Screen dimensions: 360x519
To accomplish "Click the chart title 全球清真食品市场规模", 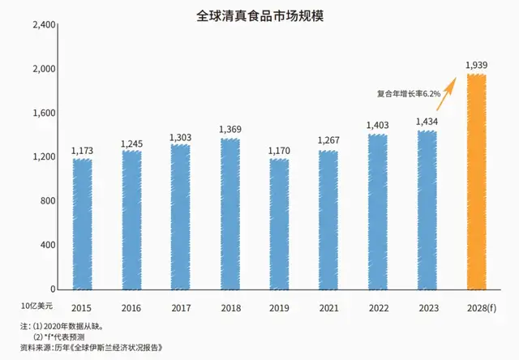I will tap(259, 15).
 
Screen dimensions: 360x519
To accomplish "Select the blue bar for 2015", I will tap(81, 224).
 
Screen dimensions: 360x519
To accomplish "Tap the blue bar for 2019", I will tap(279, 224).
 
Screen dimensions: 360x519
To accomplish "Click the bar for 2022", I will tap(378, 211).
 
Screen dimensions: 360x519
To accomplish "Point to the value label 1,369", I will tap(229, 130).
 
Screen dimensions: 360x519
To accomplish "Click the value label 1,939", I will tap(477, 65).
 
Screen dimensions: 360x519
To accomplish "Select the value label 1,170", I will tap(279, 149).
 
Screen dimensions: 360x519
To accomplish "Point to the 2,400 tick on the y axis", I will tap(41, 25).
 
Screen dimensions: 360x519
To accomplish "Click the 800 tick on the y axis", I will tap(45, 201).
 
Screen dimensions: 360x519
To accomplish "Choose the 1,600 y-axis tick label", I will tap(41, 113).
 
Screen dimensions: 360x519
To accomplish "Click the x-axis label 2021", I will tap(328, 308).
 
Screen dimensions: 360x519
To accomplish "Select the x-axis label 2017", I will tap(180, 308).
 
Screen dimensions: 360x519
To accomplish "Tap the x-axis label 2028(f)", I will tap(478, 308).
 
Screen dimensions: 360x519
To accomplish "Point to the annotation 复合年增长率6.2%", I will tap(410, 94).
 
